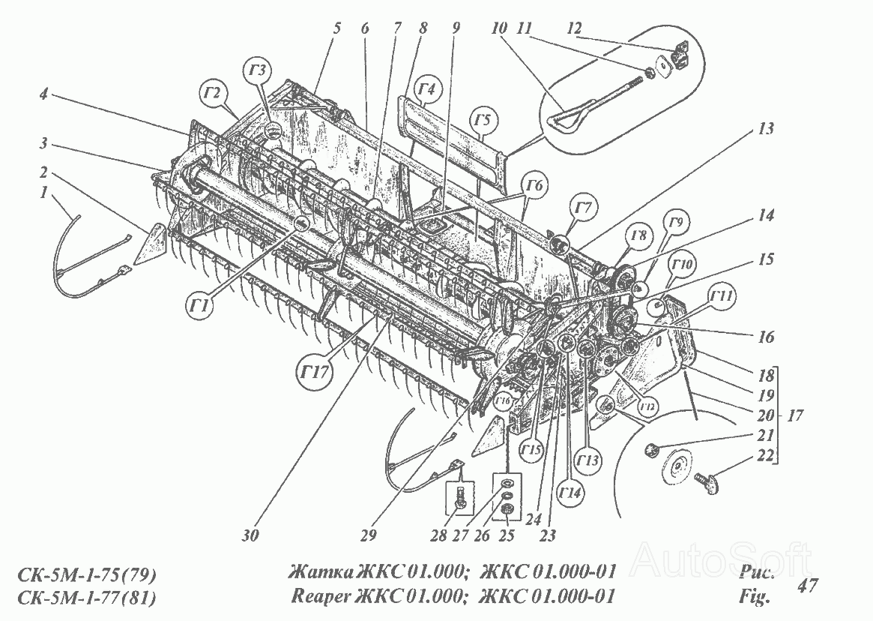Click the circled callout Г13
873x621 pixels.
point(588,459)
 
